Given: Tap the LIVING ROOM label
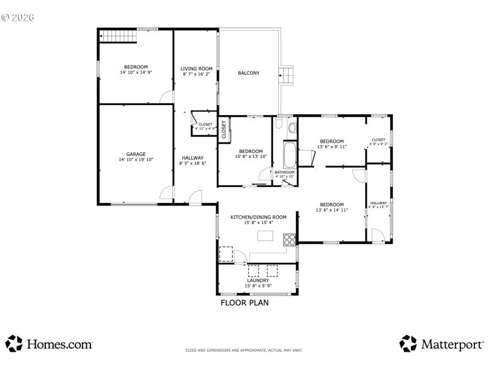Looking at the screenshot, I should [x=196, y=69].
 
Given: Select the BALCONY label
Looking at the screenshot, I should [x=249, y=73].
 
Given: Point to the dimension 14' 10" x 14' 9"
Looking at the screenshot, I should [x=136, y=72].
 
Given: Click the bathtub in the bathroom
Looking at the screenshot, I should [x=289, y=154].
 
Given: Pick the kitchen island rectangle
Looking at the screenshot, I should [x=266, y=236].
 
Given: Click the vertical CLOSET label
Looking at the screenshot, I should [x=224, y=129].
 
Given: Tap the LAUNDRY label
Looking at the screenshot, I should [x=257, y=280].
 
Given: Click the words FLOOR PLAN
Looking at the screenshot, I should [x=244, y=302].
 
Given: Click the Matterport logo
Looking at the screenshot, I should [x=441, y=344].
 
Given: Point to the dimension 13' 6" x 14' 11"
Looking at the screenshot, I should [x=331, y=210].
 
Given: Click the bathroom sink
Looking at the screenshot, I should [x=292, y=128].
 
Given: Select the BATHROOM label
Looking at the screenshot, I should [x=284, y=172].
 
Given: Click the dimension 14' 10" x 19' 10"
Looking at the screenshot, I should [x=136, y=159].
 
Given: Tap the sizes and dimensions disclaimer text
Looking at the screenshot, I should [x=244, y=350].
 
